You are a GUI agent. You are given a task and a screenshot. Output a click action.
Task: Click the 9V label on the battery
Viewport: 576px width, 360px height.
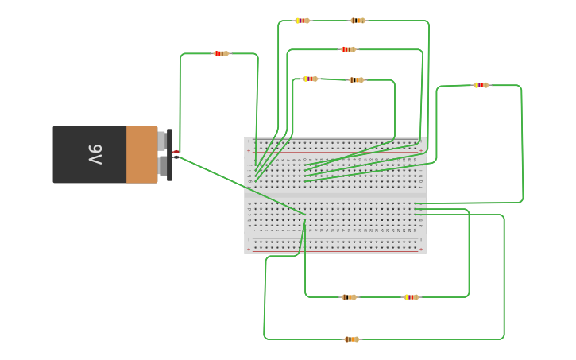(95, 154)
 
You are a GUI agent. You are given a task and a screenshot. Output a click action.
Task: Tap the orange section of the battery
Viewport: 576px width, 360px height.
(141, 154)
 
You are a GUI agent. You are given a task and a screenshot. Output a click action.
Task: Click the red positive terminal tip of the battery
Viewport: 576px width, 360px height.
(176, 151)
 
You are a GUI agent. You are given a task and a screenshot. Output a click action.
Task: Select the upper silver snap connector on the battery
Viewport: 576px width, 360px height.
(162, 141)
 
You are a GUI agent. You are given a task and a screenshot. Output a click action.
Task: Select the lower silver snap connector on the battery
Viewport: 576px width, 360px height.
(162, 166)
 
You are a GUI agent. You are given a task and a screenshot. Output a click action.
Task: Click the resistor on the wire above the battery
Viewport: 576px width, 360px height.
(221, 53)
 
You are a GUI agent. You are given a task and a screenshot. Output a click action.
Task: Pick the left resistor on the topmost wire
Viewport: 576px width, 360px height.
(302, 21)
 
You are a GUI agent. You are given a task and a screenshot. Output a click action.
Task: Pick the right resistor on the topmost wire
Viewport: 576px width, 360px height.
(358, 21)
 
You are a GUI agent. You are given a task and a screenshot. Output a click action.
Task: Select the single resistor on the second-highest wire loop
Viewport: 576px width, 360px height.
(348, 49)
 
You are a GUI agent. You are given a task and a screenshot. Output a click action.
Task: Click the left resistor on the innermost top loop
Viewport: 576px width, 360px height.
(310, 79)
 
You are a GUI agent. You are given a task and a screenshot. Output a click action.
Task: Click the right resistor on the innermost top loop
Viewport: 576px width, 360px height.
(356, 79)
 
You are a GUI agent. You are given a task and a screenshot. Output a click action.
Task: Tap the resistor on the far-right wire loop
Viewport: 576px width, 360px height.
(481, 85)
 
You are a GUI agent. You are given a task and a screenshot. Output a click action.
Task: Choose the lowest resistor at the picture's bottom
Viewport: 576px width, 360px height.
(351, 339)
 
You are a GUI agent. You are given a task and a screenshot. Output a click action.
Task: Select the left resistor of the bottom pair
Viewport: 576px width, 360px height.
(349, 297)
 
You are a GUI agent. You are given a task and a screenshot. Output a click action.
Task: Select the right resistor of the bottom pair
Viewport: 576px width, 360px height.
(411, 297)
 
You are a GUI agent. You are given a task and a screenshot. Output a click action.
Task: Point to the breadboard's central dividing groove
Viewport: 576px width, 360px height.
(334, 195)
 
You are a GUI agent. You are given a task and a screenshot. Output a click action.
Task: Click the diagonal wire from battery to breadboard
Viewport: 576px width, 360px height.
(238, 184)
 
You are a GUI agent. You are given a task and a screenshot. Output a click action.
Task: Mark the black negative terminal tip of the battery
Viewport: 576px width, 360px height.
(176, 157)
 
